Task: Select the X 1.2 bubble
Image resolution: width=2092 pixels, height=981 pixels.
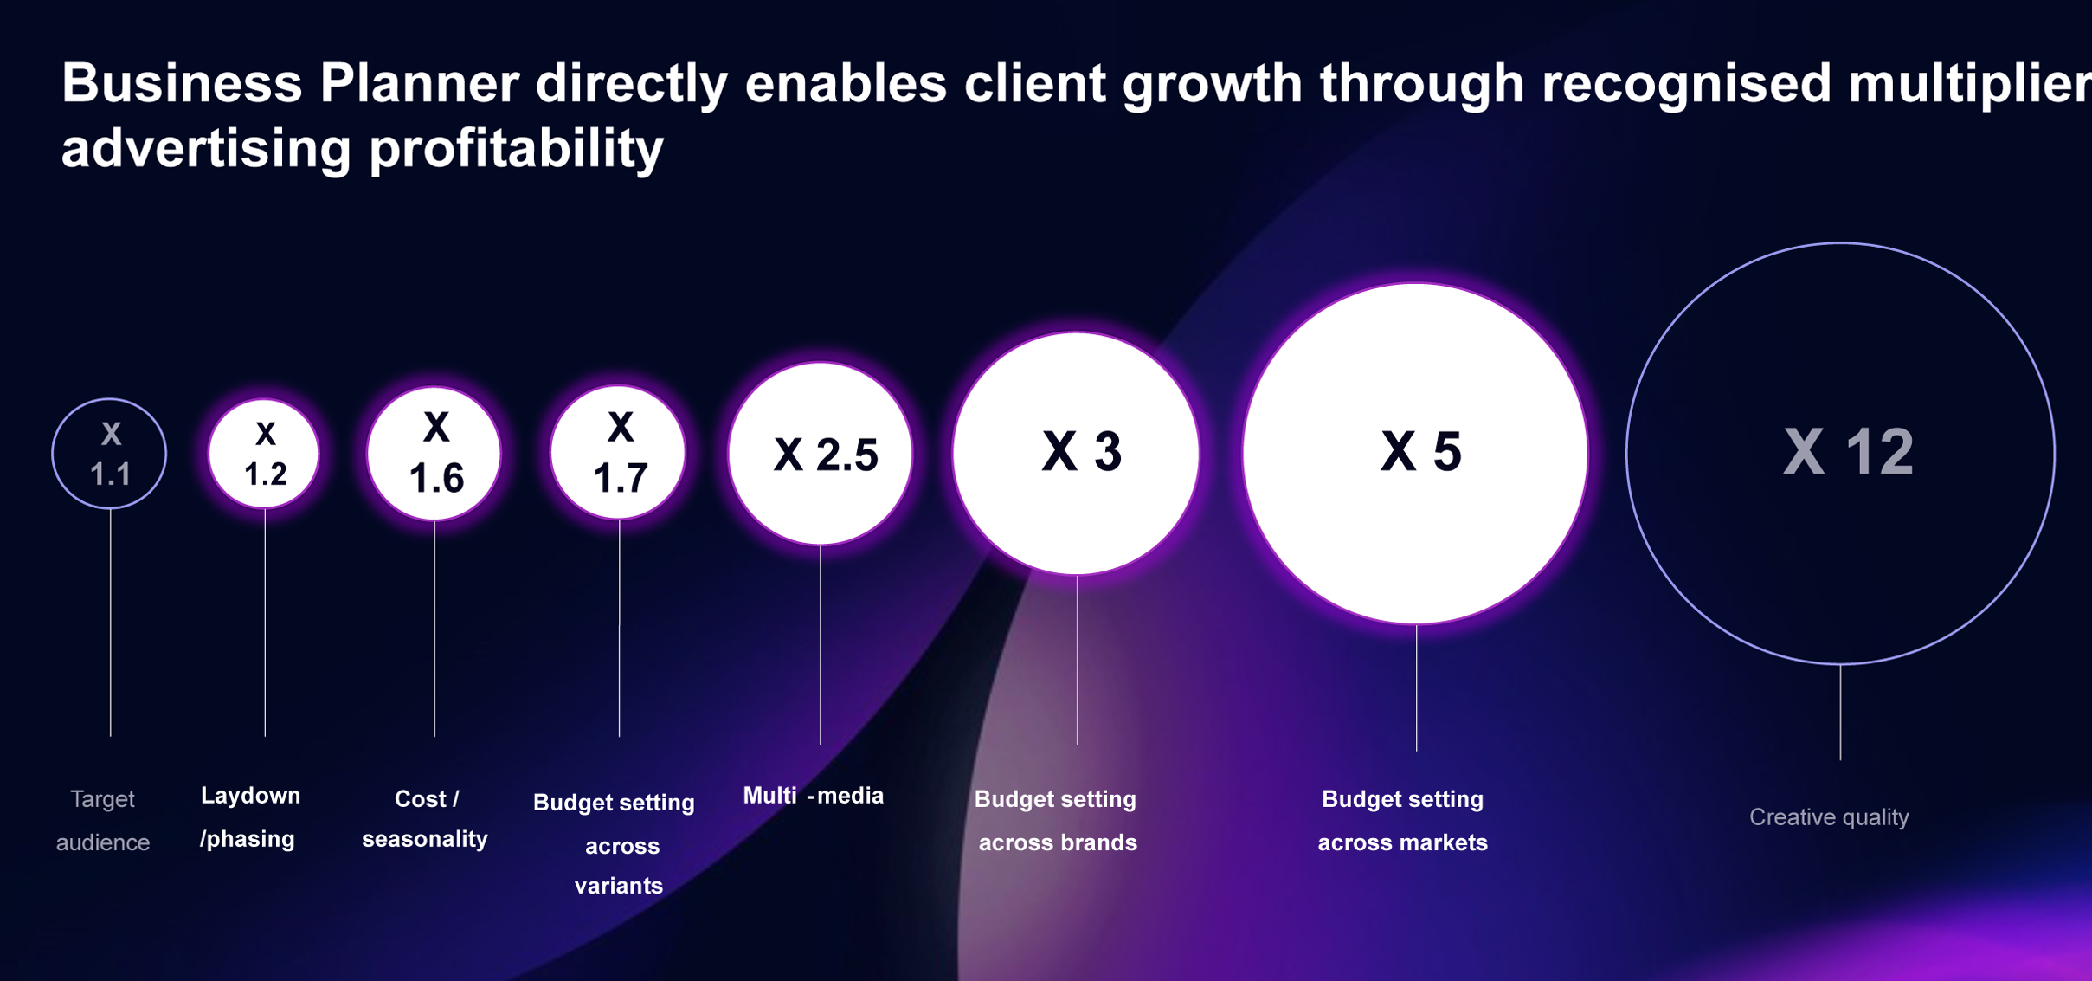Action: click(264, 454)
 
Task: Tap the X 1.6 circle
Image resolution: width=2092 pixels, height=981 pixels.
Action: click(434, 454)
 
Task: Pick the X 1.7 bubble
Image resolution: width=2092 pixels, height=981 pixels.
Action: click(619, 453)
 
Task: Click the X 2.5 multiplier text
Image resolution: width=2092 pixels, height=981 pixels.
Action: click(826, 455)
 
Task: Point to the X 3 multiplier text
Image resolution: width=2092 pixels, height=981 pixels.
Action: click(1082, 452)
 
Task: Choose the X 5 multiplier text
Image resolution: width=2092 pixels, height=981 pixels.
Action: click(1421, 452)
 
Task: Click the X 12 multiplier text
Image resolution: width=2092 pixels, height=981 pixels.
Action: click(1849, 452)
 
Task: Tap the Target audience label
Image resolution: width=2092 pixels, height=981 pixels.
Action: click(103, 820)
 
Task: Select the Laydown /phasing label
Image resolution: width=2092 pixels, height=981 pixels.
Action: click(250, 817)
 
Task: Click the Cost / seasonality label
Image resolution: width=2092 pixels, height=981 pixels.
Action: click(425, 819)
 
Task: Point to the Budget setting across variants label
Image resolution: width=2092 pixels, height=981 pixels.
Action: click(615, 844)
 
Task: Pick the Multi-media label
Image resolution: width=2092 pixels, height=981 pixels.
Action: click(814, 796)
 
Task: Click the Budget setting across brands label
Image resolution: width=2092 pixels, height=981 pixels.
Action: click(1057, 820)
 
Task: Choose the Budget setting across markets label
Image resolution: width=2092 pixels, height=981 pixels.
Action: click(1403, 820)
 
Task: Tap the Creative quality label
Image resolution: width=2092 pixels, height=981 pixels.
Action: click(1829, 817)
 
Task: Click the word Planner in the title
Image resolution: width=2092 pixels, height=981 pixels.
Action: click(419, 84)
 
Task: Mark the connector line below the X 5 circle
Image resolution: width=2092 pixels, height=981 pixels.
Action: click(1417, 687)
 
